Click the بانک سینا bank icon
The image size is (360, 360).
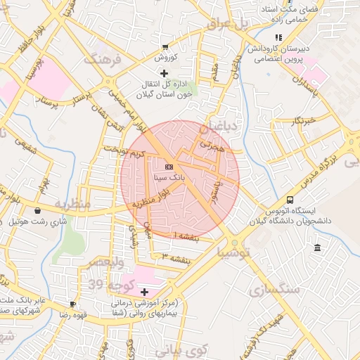[x=169, y=167]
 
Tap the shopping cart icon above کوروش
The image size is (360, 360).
[x=165, y=46]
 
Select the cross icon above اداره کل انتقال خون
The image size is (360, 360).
[x=165, y=73]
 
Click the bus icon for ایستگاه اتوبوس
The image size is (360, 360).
[x=290, y=200]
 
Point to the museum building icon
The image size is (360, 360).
[x=318, y=247]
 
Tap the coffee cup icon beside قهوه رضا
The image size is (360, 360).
[x=72, y=304]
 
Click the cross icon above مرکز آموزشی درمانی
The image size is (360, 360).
[x=145, y=291]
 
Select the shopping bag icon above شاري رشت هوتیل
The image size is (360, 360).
[x=37, y=210]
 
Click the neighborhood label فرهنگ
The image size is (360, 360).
[x=103, y=60]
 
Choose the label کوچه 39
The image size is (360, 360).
[x=105, y=284]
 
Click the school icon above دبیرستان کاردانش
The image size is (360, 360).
[x=278, y=37]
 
